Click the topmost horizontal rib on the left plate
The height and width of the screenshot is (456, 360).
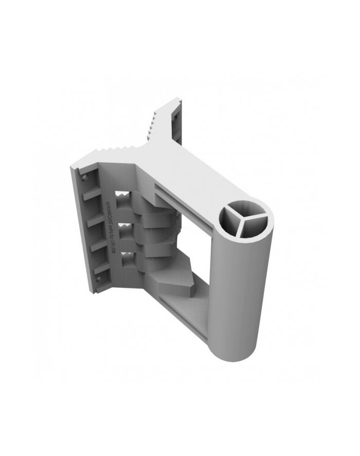(x=93, y=195)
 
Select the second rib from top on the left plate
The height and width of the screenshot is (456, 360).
(x=95, y=220)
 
